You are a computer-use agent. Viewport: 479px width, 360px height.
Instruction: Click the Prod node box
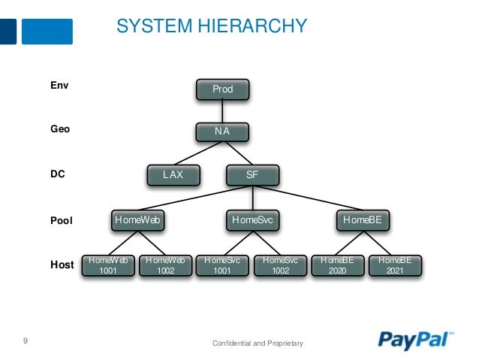[222, 89]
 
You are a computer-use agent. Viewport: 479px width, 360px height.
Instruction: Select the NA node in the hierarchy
[222, 132]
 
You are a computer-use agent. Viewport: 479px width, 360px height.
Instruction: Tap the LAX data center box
[173, 175]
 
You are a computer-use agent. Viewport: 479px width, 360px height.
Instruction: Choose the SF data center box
[252, 175]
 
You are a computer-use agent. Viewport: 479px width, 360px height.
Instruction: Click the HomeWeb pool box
[137, 220]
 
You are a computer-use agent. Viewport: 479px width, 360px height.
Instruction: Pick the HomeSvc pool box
[252, 220]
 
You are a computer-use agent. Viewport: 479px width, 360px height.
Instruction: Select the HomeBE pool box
[363, 220]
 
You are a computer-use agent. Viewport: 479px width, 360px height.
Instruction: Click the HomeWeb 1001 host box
[107, 265]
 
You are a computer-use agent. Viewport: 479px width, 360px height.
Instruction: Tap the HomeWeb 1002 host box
[165, 265]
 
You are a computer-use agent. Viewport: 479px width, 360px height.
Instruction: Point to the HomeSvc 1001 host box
[222, 265]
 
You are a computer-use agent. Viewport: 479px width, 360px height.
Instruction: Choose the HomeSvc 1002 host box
[280, 265]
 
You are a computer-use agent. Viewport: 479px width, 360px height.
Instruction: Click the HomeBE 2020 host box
[337, 265]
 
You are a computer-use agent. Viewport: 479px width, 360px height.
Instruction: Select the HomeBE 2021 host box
[394, 265]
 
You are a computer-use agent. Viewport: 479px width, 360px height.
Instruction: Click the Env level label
[59, 86]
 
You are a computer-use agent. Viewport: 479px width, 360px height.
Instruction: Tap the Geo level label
[60, 129]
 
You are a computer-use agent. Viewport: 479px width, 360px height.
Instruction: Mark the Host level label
[62, 265]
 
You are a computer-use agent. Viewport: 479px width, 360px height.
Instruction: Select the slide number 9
[26, 342]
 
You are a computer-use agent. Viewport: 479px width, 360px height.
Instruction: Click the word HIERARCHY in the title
[251, 26]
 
